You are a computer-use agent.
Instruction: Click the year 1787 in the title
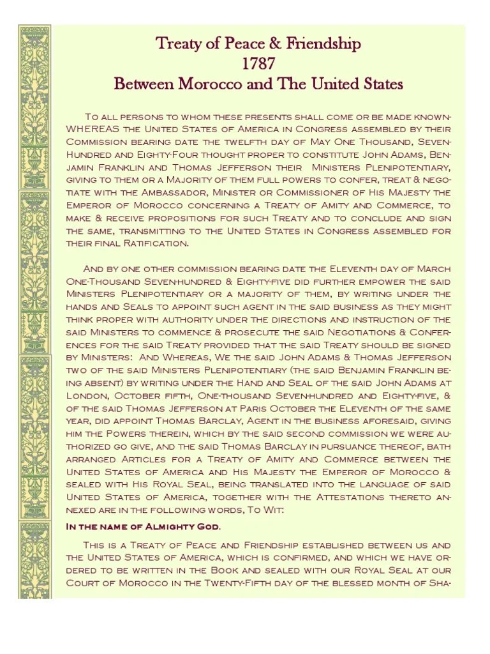258,64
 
